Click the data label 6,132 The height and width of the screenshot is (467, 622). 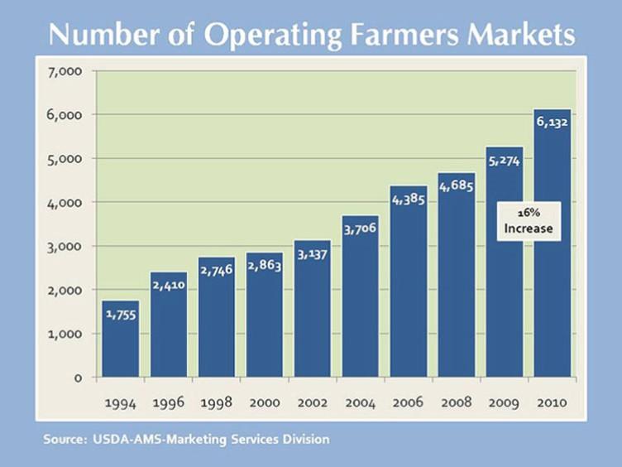(552, 122)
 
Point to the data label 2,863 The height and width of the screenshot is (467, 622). (264, 265)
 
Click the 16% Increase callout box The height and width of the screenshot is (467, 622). (528, 221)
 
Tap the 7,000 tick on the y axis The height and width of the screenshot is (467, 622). (65, 71)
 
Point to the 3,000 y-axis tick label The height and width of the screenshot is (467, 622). (65, 246)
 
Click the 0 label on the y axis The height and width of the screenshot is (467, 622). (79, 378)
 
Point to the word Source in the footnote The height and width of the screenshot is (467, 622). (62, 439)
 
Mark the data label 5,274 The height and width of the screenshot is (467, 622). (504, 161)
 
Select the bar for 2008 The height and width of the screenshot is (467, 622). (456, 290)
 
